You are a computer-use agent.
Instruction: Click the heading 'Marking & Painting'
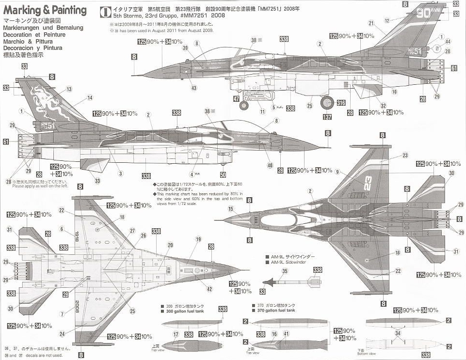pyautogui.click(x=44, y=10)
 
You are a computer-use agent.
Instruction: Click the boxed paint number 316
pyautogui.click(x=341, y=103)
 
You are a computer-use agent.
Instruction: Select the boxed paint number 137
pyautogui.click(x=328, y=117)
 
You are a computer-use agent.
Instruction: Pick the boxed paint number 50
pyautogui.click(x=223, y=174)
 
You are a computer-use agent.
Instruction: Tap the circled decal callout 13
pyautogui.click(x=69, y=89)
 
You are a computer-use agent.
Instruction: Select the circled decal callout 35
pyautogui.click(x=285, y=271)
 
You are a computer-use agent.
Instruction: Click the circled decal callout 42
pyautogui.click(x=209, y=289)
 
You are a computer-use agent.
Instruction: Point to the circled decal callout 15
pyautogui.click(x=231, y=209)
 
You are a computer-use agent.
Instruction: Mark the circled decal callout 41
pyautogui.click(x=286, y=334)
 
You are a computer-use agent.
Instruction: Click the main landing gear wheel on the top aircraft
pyautogui.click(x=327, y=103)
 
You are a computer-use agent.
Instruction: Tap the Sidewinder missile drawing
pyautogui.click(x=291, y=282)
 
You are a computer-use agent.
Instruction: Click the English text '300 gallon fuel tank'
pyautogui.click(x=184, y=312)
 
